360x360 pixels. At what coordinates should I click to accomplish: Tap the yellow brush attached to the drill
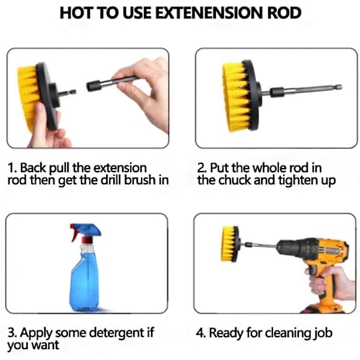pyautogui.click(x=230, y=244)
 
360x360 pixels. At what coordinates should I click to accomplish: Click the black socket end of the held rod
pyautogui.click(x=94, y=86)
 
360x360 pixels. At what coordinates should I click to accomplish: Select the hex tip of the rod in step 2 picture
pyautogui.click(x=338, y=87)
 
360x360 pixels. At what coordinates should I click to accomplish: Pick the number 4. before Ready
pyautogui.click(x=200, y=332)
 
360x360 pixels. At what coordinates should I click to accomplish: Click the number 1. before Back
pyautogui.click(x=12, y=168)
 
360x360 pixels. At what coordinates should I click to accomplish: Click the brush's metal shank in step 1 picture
pyautogui.click(x=67, y=92)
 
